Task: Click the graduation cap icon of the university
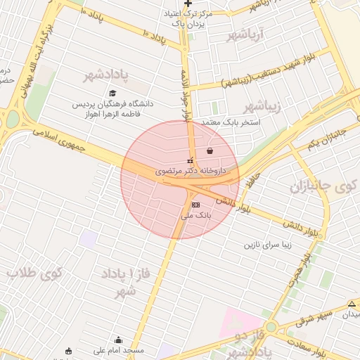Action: (x=112, y=94)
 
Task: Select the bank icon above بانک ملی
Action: (x=195, y=204)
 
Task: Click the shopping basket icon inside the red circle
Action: (x=210, y=151)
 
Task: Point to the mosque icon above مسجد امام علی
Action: (x=117, y=340)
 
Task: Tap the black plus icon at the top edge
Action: (x=188, y=4)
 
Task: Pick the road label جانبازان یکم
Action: (x=328, y=138)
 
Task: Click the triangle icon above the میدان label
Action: (x=352, y=304)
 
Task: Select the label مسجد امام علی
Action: (x=120, y=350)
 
